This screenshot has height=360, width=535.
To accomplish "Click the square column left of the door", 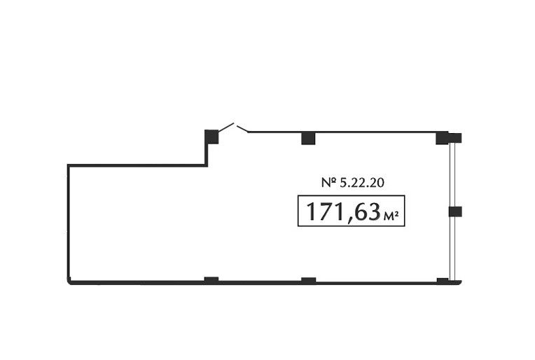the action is [x=211, y=137].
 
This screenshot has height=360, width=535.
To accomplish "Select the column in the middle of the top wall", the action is [x=308, y=138].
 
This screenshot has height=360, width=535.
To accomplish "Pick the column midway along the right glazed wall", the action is [x=455, y=212].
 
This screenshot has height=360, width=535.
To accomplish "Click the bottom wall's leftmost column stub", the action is [x=211, y=280].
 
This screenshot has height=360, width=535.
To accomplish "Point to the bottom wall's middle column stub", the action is [x=308, y=280].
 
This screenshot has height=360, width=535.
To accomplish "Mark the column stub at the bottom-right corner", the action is [x=443, y=281].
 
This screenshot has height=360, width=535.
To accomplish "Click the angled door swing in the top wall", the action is [x=233, y=127].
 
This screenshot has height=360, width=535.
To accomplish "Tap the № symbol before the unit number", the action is [x=329, y=183].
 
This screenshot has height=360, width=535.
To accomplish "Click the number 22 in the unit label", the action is [x=357, y=183].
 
